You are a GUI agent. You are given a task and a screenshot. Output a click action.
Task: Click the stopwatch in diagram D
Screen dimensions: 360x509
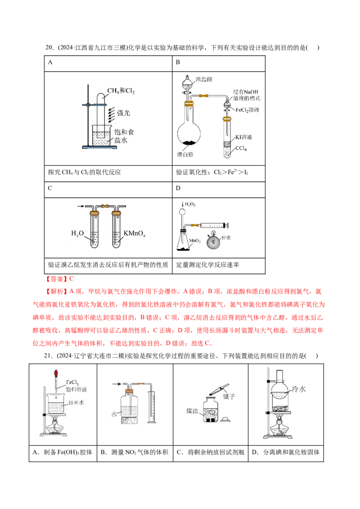point(213,241)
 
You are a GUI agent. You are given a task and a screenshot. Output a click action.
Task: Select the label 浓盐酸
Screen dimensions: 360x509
point(204,80)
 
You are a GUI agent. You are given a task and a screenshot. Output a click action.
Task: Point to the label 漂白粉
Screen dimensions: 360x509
point(185,155)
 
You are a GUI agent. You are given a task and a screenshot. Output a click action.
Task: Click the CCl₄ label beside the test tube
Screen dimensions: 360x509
point(241,148)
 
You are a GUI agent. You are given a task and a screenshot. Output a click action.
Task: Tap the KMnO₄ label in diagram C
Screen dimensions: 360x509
point(135,233)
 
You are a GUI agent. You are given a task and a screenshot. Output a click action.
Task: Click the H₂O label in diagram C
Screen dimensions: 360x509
point(77,233)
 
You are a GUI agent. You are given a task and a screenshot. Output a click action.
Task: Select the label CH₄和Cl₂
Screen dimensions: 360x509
point(121,90)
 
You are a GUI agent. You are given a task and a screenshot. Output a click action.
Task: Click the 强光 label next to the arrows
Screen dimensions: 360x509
point(123,113)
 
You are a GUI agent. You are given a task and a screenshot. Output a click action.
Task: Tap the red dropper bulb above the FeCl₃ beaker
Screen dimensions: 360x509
point(56,373)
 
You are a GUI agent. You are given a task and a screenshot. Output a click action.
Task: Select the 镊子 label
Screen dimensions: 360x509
point(229,396)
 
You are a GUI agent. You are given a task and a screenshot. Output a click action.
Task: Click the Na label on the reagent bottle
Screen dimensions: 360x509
point(211,414)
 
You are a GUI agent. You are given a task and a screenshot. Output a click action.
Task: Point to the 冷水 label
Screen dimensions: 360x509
point(299,389)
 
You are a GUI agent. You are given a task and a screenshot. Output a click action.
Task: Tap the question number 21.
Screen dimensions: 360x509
point(48,356)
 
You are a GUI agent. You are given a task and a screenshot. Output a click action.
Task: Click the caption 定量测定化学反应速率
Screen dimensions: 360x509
point(207,265)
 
